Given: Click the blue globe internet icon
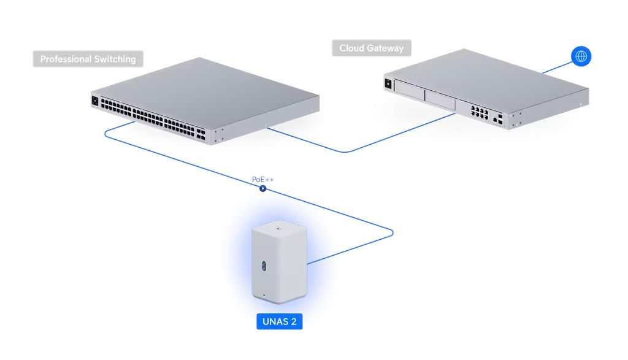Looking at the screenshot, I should pyautogui.click(x=581, y=56).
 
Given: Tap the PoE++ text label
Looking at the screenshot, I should pyautogui.click(x=263, y=180).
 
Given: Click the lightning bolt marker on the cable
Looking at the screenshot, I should pyautogui.click(x=263, y=188).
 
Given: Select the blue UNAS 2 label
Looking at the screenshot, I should pyautogui.click(x=280, y=321).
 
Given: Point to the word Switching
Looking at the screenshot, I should pyautogui.click(x=116, y=59).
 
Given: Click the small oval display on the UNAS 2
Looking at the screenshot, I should pyautogui.click(x=264, y=266).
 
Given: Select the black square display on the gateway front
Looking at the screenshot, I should pyautogui.click(x=388, y=83).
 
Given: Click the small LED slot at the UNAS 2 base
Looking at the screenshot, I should pyautogui.click(x=264, y=296).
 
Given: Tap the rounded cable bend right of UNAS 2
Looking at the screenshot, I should pyautogui.click(x=391, y=232).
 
